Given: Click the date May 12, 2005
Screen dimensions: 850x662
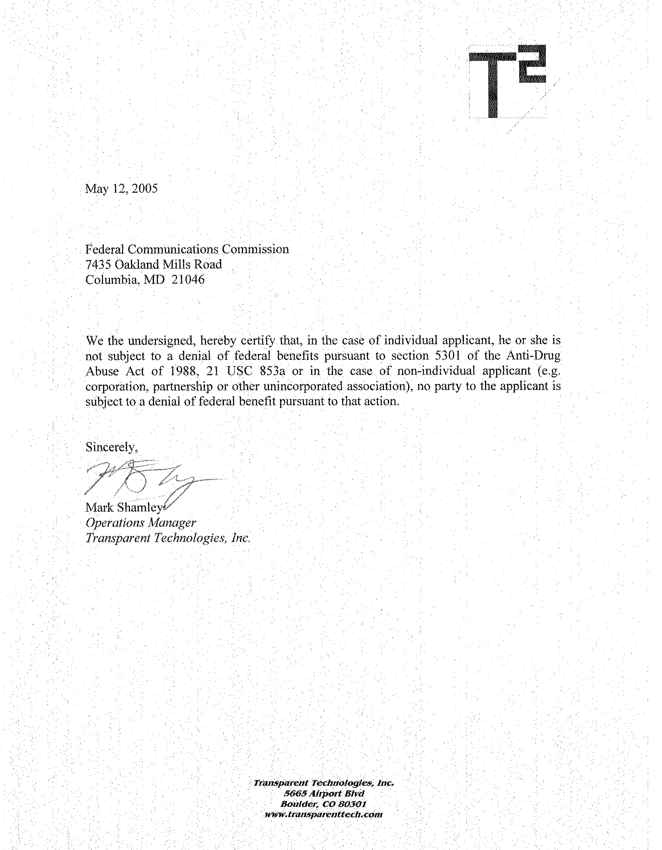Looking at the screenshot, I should (121, 188).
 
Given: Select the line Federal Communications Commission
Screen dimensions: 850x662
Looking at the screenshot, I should (187, 249).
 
